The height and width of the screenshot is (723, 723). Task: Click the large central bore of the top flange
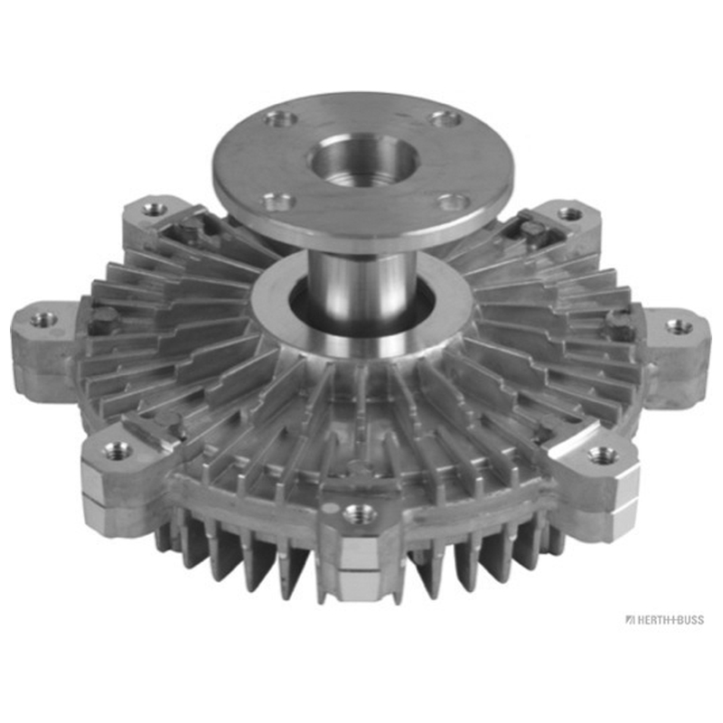pyautogui.click(x=363, y=158)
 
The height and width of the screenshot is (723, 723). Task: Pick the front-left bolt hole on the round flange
pyautogui.click(x=277, y=201)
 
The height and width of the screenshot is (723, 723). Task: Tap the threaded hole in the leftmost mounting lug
pyautogui.click(x=44, y=318)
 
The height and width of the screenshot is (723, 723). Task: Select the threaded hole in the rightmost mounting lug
pyautogui.click(x=680, y=326)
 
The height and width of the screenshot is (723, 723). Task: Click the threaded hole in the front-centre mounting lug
pyautogui.click(x=361, y=512)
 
